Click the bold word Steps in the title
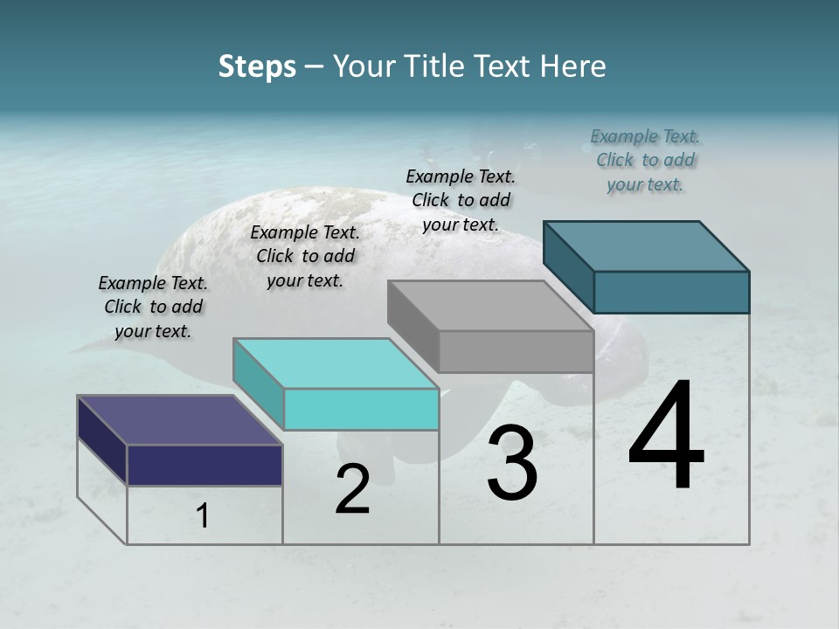257,66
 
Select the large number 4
666,436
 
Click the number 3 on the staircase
512,462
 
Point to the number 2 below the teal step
352,489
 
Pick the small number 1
203,516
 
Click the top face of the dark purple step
179,420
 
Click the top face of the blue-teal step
646,245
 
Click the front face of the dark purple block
205,465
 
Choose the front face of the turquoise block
361,409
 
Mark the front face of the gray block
516,352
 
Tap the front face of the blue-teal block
671,292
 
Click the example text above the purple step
153,307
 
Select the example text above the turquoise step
305,256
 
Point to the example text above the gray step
461,200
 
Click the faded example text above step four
645,160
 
